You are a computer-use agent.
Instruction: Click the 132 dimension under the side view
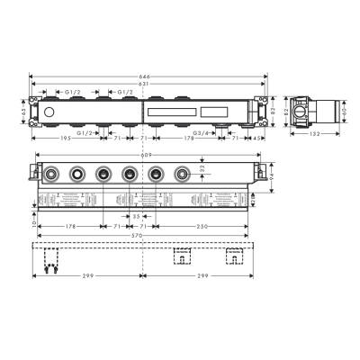[311, 132]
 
